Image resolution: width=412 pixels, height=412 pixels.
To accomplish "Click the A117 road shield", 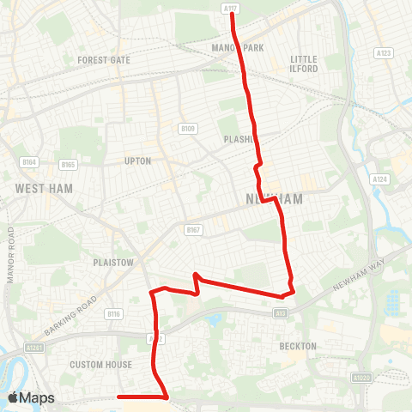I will coord(229,8).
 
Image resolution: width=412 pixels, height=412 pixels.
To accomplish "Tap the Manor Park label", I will coord(238,48).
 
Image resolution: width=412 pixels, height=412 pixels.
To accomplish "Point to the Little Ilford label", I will coord(304,64).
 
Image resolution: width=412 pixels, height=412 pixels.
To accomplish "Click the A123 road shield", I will coord(384,53).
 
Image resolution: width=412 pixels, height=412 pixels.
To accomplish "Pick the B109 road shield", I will coord(189,129).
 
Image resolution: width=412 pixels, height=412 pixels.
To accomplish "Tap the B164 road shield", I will coord(29,161).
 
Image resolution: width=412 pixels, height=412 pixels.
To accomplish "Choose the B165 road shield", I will coord(69,164).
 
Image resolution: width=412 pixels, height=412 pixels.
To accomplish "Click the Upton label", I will coord(137,161).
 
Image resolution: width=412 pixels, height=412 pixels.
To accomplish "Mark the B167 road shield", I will coord(192,229).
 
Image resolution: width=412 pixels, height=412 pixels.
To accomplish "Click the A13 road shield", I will coord(281,313).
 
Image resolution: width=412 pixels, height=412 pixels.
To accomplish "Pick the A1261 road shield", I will coord(34,348).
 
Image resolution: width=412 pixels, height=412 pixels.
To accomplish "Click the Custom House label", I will coord(102,365).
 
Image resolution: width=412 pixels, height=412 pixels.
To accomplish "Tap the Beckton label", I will coord(298,346).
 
